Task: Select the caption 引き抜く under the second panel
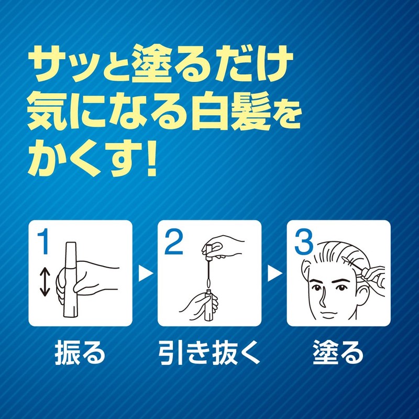(210, 354)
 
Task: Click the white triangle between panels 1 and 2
(145, 273)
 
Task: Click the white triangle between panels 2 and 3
(274, 273)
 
